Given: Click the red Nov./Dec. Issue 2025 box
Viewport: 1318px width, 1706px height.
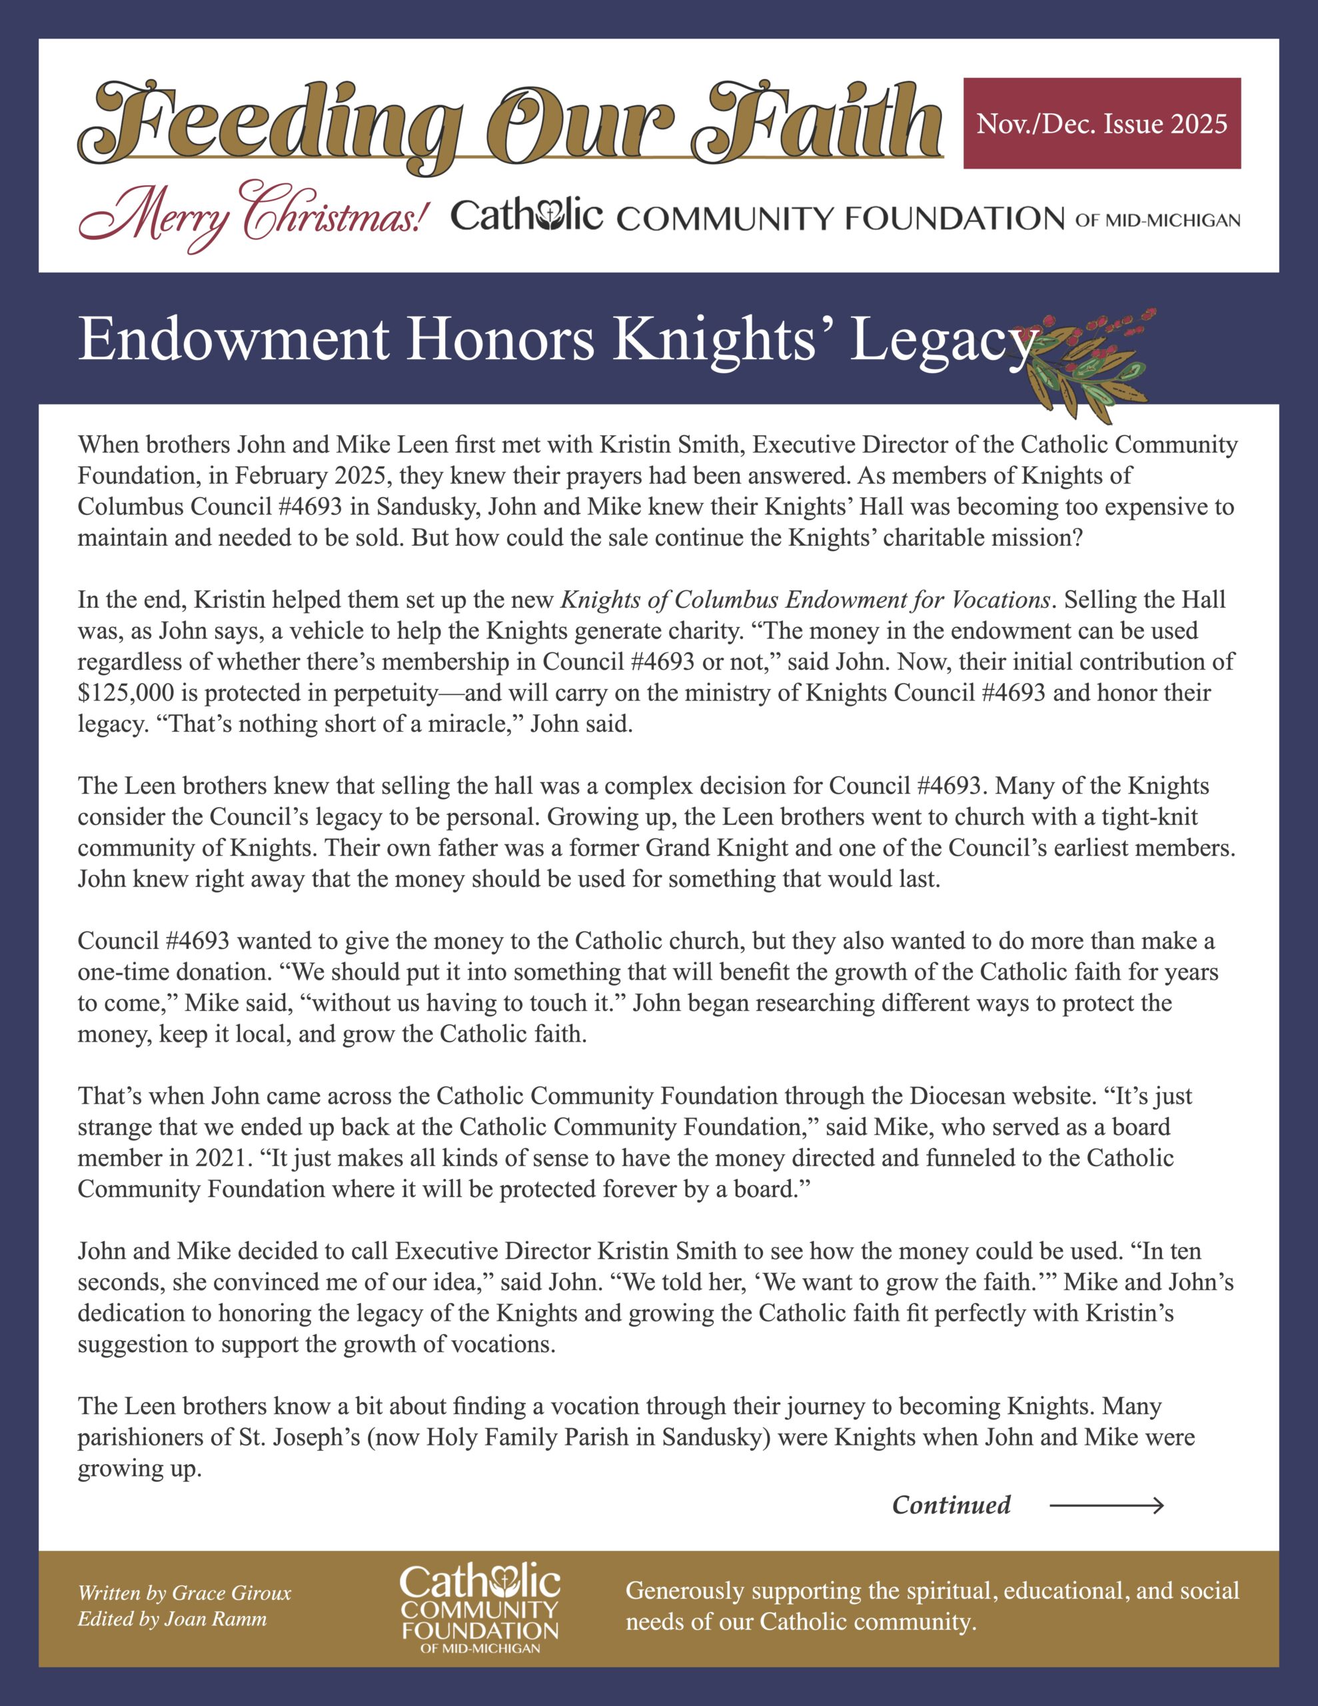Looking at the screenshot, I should [x=1101, y=123].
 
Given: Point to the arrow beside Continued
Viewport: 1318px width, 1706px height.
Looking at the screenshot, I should [x=1106, y=1505].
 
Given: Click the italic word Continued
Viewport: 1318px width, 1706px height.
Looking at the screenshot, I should [x=951, y=1505].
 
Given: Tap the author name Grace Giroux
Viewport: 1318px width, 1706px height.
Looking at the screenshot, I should [x=231, y=1593].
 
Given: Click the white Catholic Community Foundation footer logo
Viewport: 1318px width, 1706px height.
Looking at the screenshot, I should [x=480, y=1607].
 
